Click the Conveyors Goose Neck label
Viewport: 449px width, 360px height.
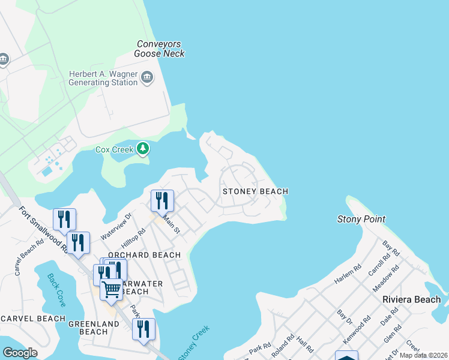click(x=160, y=49)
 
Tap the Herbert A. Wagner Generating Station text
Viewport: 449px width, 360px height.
click(x=103, y=77)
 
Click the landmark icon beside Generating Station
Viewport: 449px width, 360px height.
click(x=147, y=77)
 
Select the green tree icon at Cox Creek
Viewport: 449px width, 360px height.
click(x=142, y=148)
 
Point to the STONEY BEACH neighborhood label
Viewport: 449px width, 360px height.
click(x=255, y=191)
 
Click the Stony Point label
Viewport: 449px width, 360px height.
click(x=361, y=219)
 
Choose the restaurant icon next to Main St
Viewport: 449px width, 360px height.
click(x=161, y=200)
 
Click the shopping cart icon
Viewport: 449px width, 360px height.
click(x=112, y=289)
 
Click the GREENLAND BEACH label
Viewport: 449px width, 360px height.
click(x=87, y=328)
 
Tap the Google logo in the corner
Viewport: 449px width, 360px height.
click(x=20, y=352)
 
